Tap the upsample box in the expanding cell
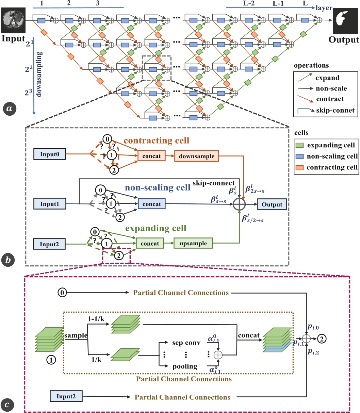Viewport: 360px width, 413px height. click(193, 243)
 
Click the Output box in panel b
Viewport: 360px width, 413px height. click(272, 204)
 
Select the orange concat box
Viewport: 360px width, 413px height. click(152, 156)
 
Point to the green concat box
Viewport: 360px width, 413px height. click(150, 243)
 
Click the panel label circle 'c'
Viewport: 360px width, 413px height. click(10, 404)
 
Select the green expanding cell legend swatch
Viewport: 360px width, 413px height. click(299, 145)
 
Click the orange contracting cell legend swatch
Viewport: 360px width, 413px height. click(299, 167)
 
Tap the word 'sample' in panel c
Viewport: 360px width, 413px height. click(76, 335)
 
